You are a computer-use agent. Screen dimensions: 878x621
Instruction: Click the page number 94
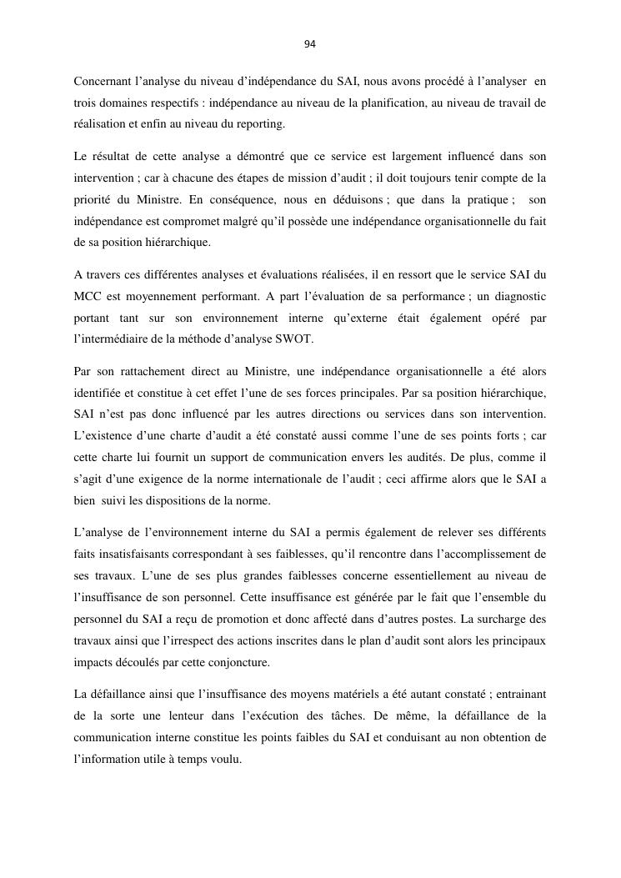click(x=310, y=44)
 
